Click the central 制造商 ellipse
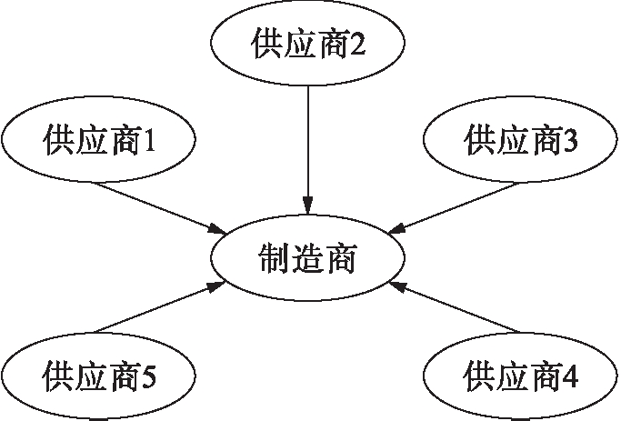coord(308,258)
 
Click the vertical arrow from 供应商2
coord(308,145)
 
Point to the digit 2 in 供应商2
coord(360,45)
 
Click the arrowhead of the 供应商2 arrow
coord(308,205)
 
